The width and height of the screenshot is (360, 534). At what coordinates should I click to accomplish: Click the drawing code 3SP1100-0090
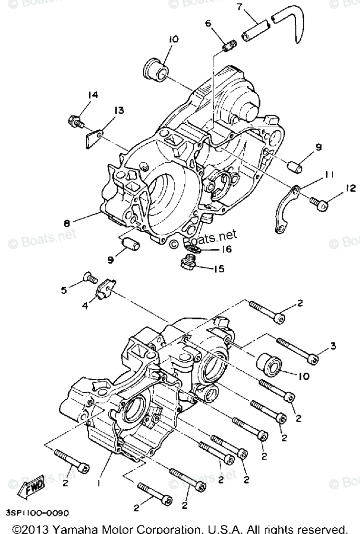[37, 513]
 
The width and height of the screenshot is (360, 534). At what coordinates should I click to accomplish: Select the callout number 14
[92, 95]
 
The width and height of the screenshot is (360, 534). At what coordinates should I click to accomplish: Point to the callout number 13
[119, 110]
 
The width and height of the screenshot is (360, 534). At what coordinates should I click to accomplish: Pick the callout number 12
[350, 188]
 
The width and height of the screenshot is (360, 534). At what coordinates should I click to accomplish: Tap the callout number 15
[219, 269]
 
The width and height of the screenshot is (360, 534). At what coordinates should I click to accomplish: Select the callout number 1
[99, 483]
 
